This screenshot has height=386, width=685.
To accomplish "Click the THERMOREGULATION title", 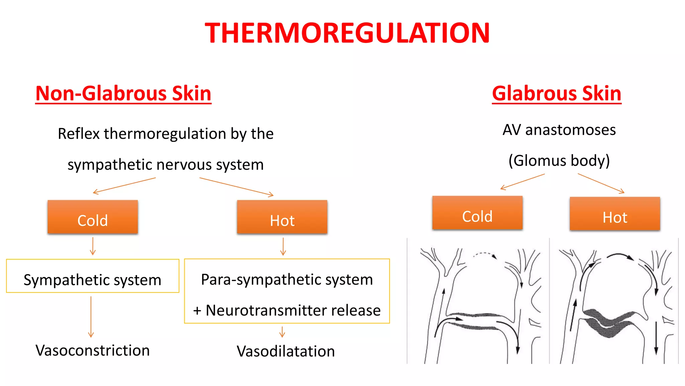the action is [347, 33].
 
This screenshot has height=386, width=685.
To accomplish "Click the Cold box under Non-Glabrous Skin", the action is [93, 217].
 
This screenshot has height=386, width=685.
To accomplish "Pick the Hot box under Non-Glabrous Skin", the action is [282, 217].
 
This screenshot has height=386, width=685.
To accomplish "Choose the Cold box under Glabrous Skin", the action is [477, 213].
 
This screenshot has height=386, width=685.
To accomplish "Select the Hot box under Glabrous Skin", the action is [615, 214].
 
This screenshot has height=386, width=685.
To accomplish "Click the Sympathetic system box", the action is [93, 276].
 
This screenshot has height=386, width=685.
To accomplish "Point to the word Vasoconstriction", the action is [93, 350].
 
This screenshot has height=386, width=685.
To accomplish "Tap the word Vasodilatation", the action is [286, 351].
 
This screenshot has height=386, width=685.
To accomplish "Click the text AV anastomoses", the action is [559, 130].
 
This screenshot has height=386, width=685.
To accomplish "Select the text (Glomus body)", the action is [559, 161].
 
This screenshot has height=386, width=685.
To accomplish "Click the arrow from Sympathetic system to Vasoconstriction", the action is [91, 317].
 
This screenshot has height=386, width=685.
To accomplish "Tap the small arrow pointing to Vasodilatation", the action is [282, 332].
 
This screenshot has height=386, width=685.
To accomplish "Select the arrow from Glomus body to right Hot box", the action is [601, 183].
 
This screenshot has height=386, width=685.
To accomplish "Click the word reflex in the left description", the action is [79, 134].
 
